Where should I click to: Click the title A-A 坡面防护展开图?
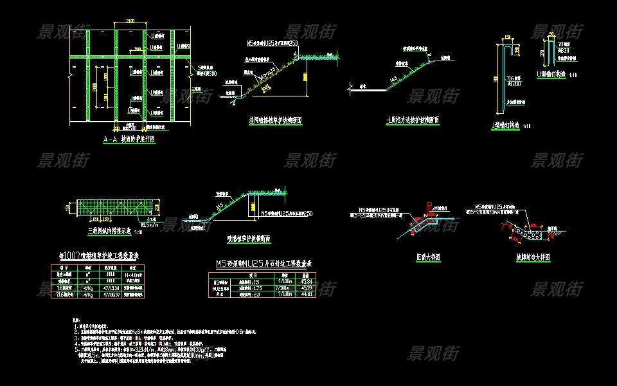(129, 138)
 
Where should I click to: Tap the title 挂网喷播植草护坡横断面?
(275, 120)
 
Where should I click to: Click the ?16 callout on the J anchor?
(514, 84)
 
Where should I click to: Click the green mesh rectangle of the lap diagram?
(112, 207)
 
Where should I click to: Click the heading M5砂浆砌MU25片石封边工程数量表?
(264, 264)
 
